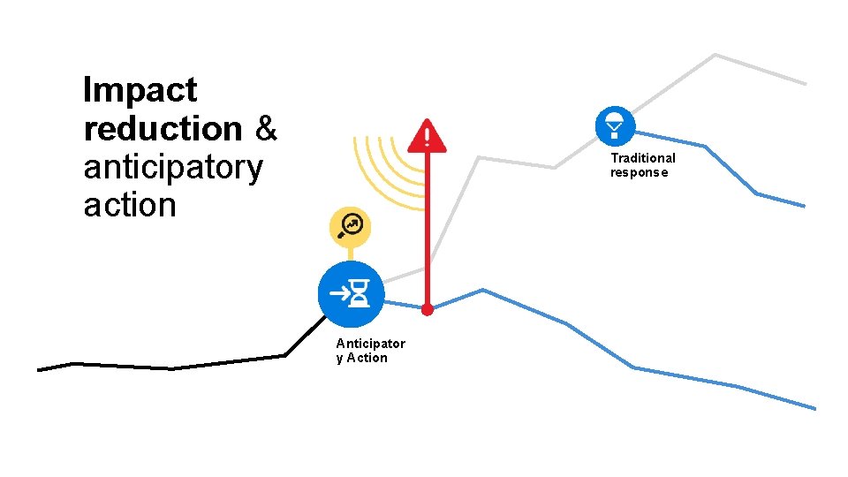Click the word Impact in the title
point(140,90)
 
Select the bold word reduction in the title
point(163,129)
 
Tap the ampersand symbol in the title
point(266,129)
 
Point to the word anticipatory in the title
point(173,168)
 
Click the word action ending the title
point(130,206)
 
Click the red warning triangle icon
point(428,136)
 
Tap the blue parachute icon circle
point(616,125)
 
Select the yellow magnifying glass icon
point(350,226)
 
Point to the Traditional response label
point(642,165)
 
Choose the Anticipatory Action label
point(370,351)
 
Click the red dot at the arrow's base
point(428,310)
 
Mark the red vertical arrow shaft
point(428,230)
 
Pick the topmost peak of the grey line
point(715,55)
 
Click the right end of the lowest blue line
point(814,408)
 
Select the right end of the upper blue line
point(804,206)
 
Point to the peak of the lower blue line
point(482,290)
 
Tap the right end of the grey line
point(805,83)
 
